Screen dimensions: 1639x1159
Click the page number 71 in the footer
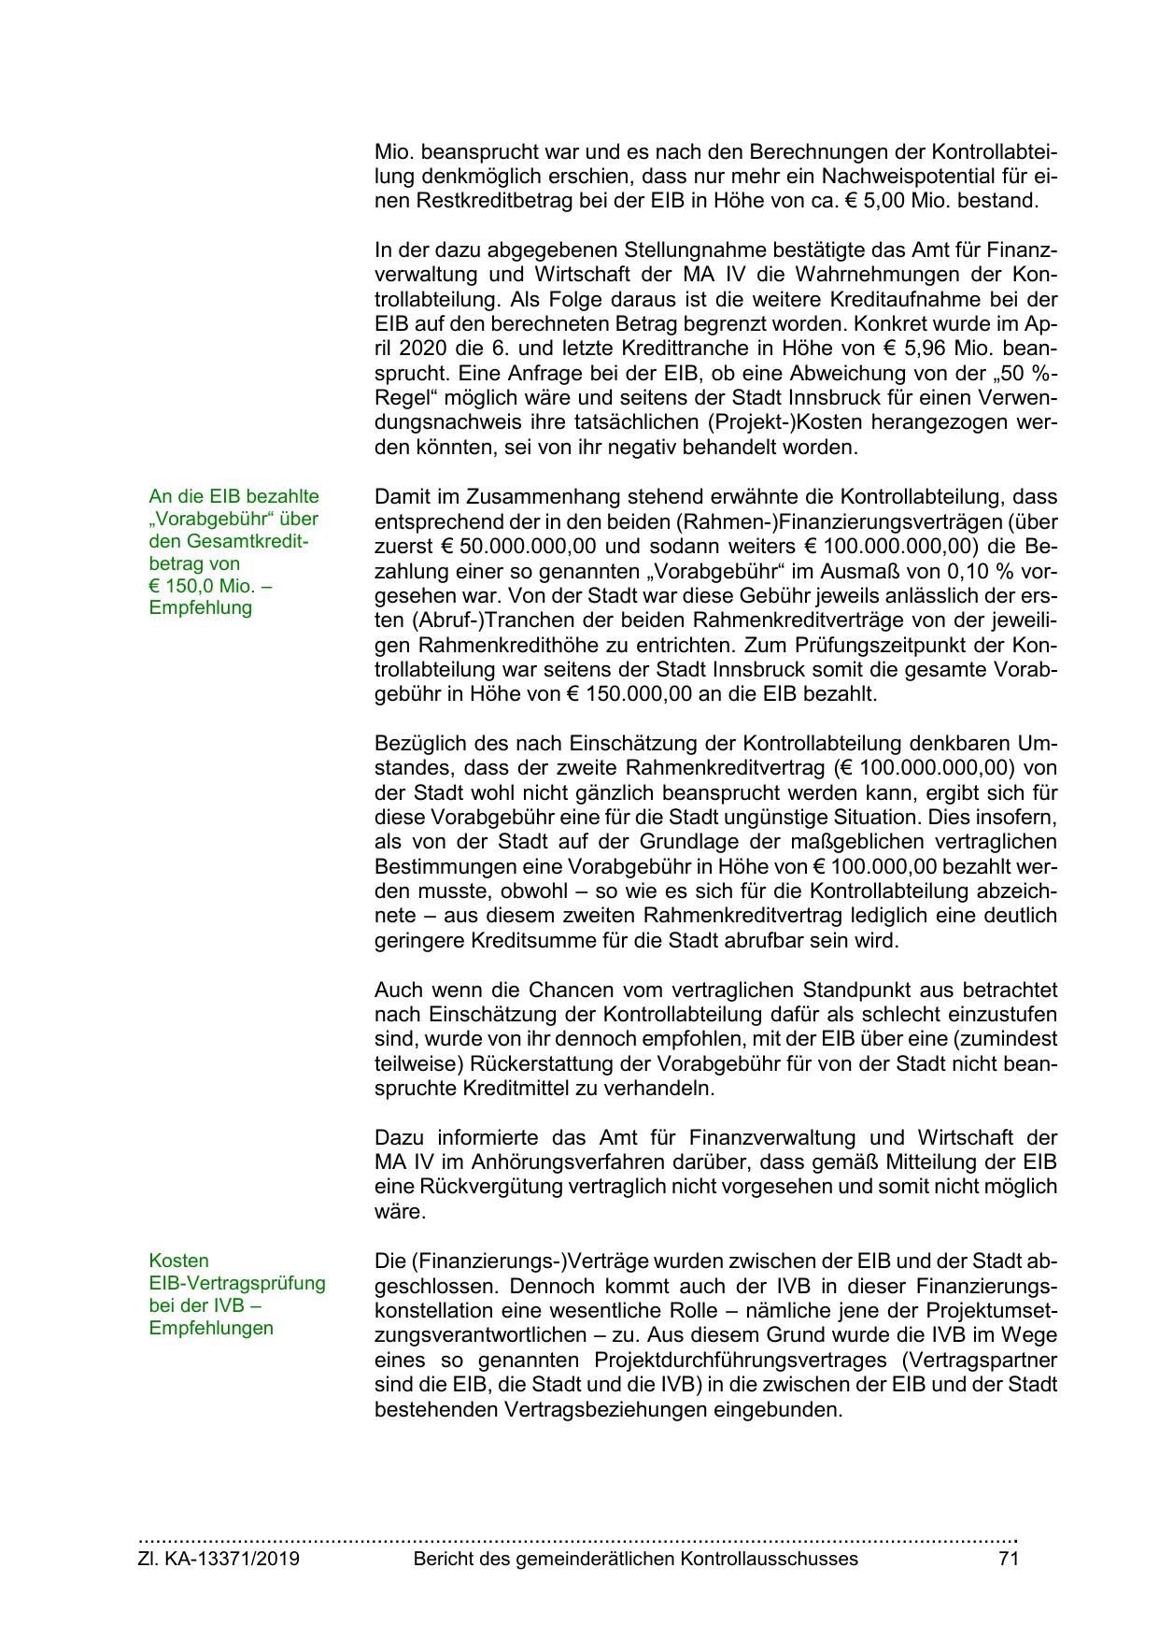point(1008,1558)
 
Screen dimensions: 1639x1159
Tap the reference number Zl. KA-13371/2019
point(219,1558)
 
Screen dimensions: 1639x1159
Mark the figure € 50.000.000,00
point(504,546)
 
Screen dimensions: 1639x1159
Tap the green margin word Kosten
point(178,1261)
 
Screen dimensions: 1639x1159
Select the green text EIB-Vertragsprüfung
point(237,1283)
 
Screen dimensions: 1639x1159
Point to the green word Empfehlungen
point(211,1328)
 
